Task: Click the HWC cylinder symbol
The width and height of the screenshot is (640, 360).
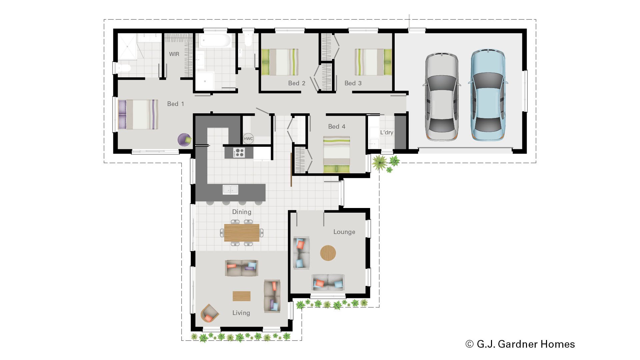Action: pyautogui.click(x=248, y=139)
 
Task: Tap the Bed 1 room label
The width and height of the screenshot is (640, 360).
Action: pyautogui.click(x=175, y=104)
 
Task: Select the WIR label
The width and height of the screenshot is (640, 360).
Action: pyautogui.click(x=174, y=54)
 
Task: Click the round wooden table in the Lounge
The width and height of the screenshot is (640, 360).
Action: pyautogui.click(x=328, y=253)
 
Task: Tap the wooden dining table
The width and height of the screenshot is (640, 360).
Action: pyautogui.click(x=242, y=233)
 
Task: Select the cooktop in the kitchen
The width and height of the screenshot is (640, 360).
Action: pyautogui.click(x=239, y=153)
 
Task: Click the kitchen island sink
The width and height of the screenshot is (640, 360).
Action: pyautogui.click(x=230, y=190)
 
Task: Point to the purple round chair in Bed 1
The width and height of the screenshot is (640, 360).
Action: pyautogui.click(x=184, y=140)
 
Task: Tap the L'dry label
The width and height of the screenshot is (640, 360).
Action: pyautogui.click(x=387, y=132)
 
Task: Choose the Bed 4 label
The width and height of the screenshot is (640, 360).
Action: pyautogui.click(x=337, y=127)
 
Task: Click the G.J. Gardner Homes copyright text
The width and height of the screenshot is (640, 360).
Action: pyautogui.click(x=520, y=344)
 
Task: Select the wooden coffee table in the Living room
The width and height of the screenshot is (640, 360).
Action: pyautogui.click(x=241, y=296)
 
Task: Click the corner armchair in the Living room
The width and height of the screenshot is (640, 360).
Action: pyautogui.click(x=209, y=313)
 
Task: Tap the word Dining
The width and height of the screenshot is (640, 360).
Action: pyautogui.click(x=242, y=212)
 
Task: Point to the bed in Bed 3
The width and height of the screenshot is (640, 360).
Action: pyautogui.click(x=373, y=62)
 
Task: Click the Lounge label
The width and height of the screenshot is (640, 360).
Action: pyautogui.click(x=344, y=232)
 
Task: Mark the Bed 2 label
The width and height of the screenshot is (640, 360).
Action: pyautogui.click(x=297, y=83)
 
